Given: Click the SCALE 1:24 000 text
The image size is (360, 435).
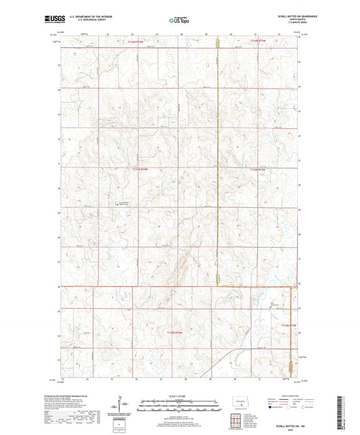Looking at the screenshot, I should click(179, 395).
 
